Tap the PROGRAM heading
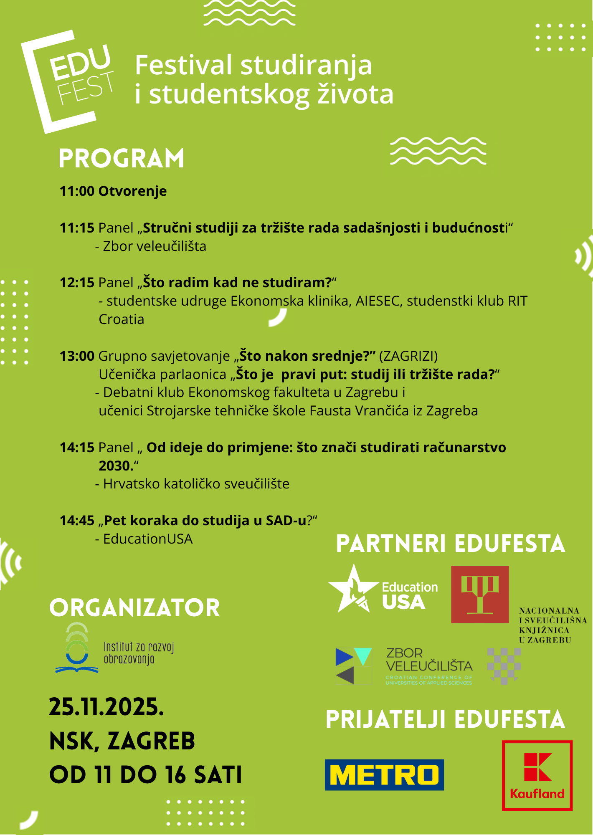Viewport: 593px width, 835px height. (x=121, y=159)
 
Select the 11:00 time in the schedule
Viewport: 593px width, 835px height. (x=77, y=191)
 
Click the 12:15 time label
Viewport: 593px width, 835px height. (x=77, y=283)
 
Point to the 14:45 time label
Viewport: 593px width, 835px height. (x=77, y=521)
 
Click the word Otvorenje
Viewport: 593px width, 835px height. (x=132, y=191)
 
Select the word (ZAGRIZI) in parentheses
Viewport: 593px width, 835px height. (x=408, y=356)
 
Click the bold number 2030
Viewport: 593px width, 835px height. (x=115, y=466)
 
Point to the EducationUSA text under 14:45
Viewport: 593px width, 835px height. (x=148, y=539)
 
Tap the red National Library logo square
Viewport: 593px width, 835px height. (x=480, y=595)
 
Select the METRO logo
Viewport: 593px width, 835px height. (x=384, y=775)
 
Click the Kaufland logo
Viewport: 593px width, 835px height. (x=537, y=776)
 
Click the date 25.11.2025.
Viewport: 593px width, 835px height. (x=106, y=707)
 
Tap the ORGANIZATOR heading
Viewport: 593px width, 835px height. (x=134, y=608)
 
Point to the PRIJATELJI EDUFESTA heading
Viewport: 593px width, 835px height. (x=445, y=720)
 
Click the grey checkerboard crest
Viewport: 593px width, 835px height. (x=504, y=665)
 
